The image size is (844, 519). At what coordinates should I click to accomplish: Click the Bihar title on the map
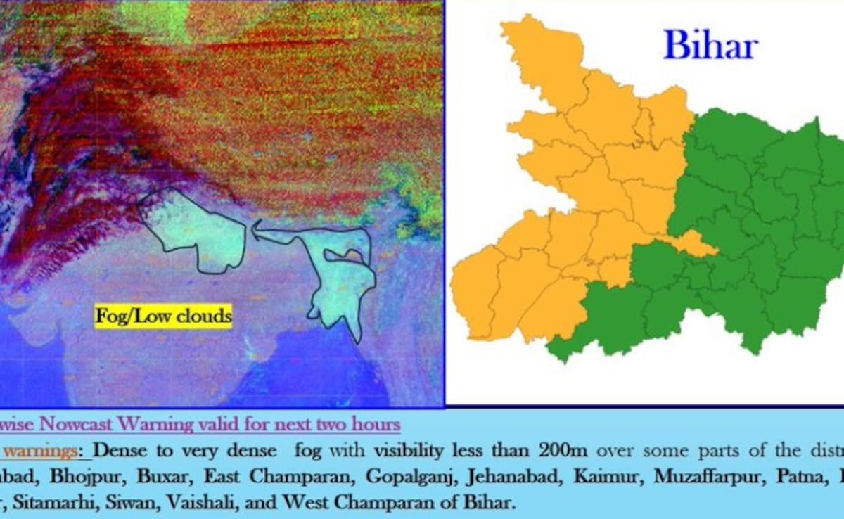710,46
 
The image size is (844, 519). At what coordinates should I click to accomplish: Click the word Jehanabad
511,476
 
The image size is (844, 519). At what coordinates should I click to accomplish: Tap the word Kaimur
606,476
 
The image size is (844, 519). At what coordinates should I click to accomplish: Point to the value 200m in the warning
565,450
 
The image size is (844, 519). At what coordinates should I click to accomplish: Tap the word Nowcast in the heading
77,425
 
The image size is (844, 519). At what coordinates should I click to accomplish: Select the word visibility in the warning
415,450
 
